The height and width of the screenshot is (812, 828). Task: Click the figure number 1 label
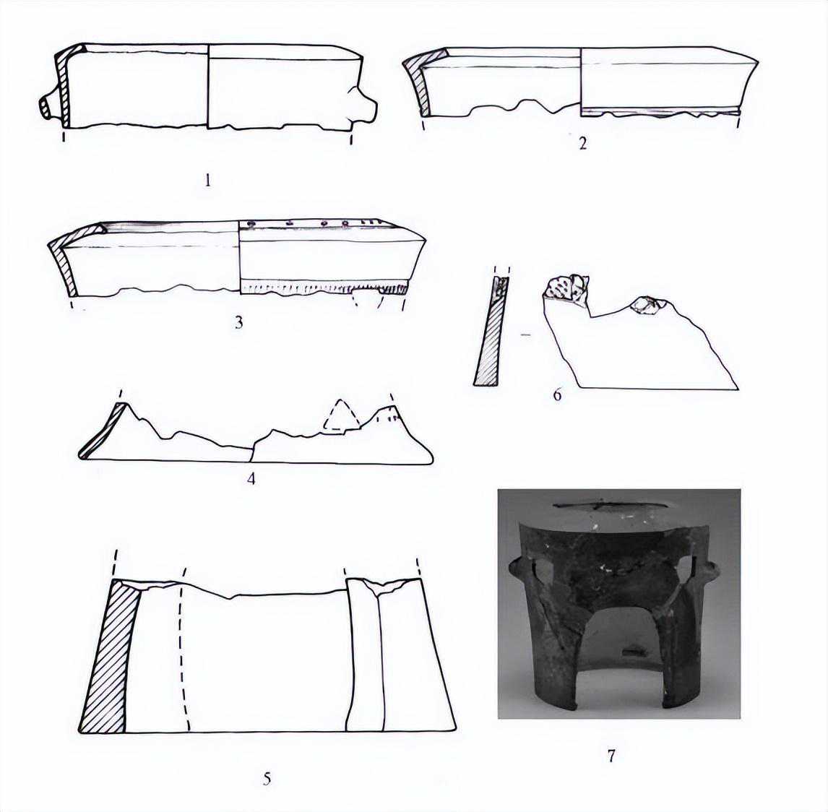pyautogui.click(x=207, y=181)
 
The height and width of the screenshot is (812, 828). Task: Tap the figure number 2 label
pyautogui.click(x=582, y=143)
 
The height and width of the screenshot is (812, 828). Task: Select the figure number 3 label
pyautogui.click(x=239, y=322)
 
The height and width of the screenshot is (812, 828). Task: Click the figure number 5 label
pyautogui.click(x=267, y=778)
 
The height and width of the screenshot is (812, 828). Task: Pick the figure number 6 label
pyautogui.click(x=557, y=394)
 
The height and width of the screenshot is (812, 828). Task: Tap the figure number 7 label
pyautogui.click(x=611, y=756)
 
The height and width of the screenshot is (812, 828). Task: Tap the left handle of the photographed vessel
pyautogui.click(x=519, y=574)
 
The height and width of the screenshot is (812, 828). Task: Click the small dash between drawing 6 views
pyautogui.click(x=525, y=334)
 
